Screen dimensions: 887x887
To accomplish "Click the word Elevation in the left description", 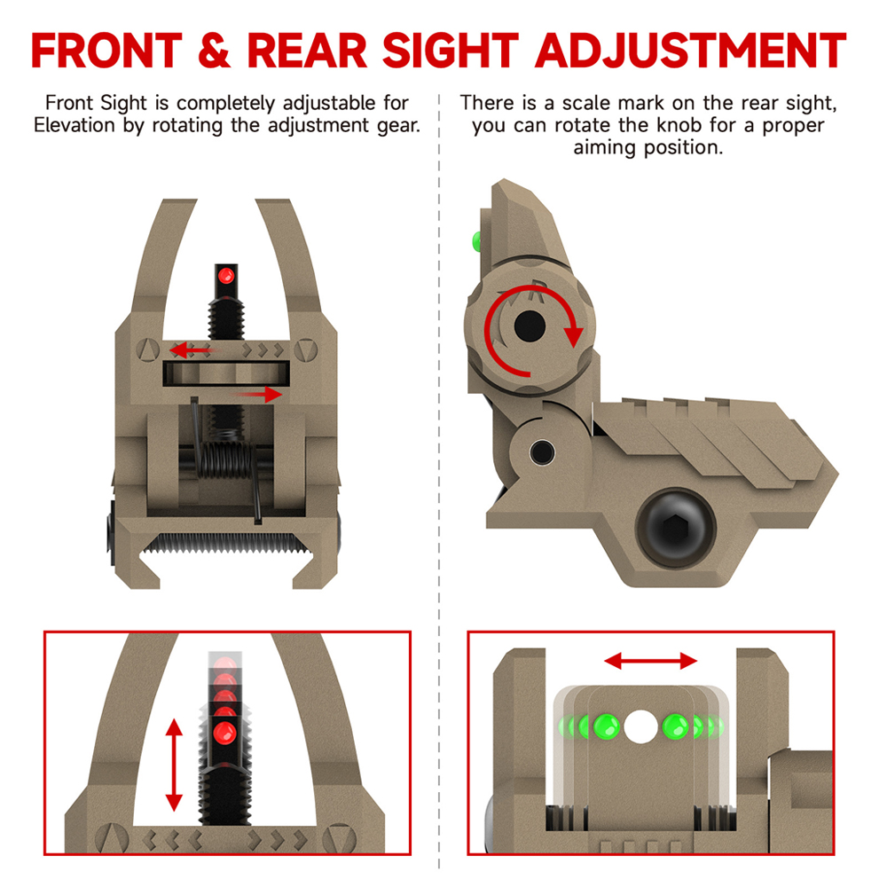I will (x=75, y=125).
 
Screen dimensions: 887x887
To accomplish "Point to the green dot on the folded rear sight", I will (x=475, y=239).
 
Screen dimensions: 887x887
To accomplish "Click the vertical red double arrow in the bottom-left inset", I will (x=174, y=765).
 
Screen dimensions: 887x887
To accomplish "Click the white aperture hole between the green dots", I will (x=638, y=726).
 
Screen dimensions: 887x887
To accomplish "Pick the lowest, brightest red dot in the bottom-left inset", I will (x=225, y=733).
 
